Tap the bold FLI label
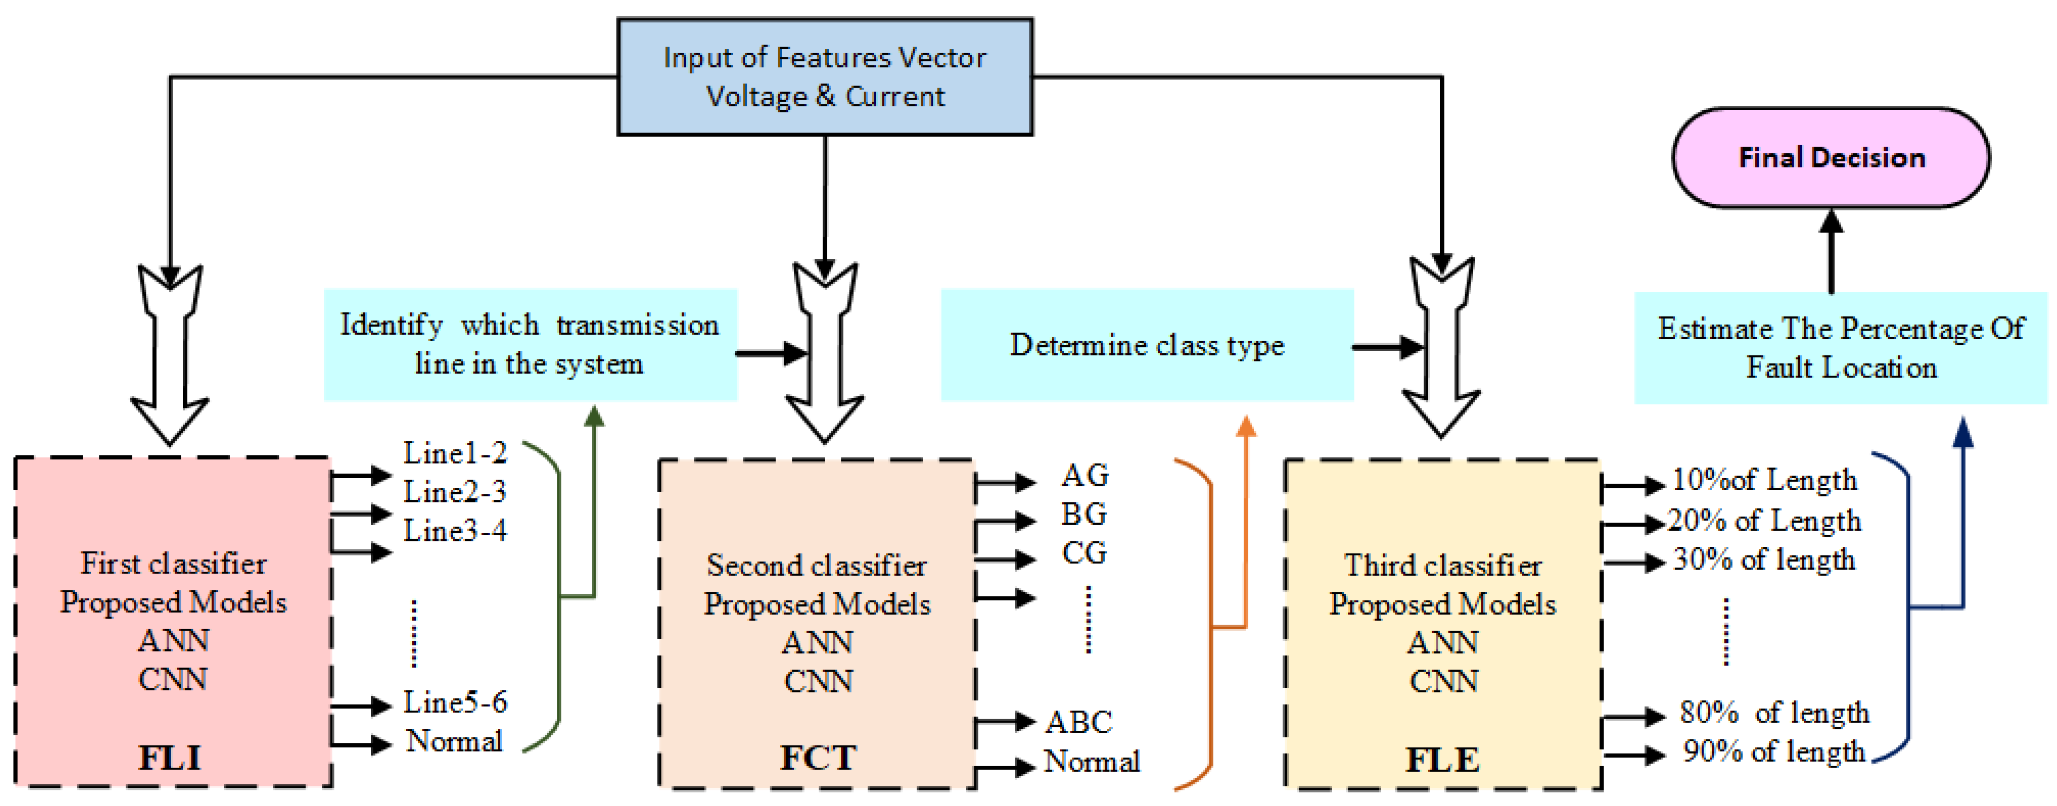tap(170, 757)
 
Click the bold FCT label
tap(818, 757)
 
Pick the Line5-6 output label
tap(454, 702)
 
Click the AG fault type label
tap(1084, 476)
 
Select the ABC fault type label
tap(1078, 722)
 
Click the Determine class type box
tap(1147, 345)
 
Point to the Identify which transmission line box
tap(529, 345)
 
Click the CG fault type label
tap(1083, 552)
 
